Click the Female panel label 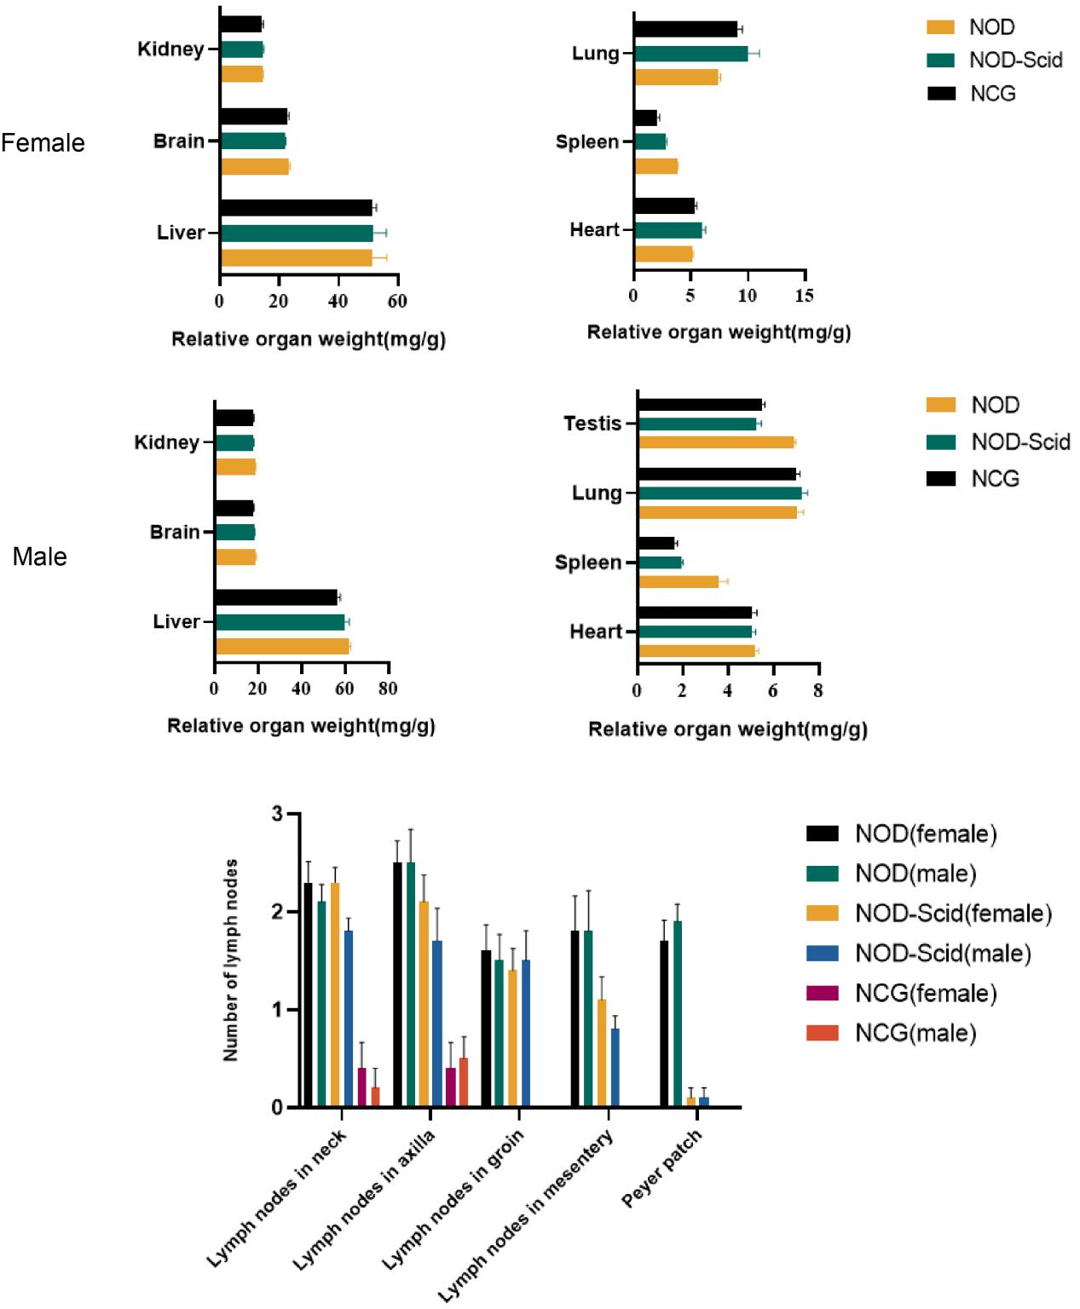tap(43, 142)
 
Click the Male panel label tap(39, 556)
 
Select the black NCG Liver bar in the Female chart tap(296, 208)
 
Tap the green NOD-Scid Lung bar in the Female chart tap(690, 54)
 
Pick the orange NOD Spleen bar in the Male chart tap(679, 582)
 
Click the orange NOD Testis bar tap(716, 442)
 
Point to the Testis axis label tap(592, 424)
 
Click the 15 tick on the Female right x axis tap(804, 296)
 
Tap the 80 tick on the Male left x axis tap(388, 689)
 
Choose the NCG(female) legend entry tap(925, 994)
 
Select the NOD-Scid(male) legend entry tap(942, 954)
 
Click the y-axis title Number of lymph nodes tap(230, 960)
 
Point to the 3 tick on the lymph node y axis tap(277, 814)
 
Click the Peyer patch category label tap(662, 1168)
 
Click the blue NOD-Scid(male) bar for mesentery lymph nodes tap(615, 1068)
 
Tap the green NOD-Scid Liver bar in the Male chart tap(280, 622)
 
